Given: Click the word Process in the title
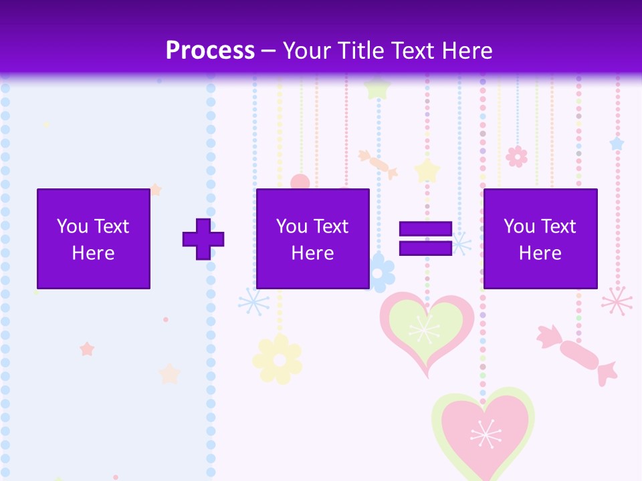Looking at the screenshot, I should coord(210,50).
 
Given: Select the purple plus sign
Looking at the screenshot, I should coord(203,239).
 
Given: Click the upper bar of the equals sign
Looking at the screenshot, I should coord(425,229).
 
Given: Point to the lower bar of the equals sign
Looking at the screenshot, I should coord(425,248).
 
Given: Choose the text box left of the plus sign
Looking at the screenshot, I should coord(94,238).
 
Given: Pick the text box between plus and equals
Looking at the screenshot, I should coord(313,238).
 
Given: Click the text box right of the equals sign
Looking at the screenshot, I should coord(540,238).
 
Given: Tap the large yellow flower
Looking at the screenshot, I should coord(278,359).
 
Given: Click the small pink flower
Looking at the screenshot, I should coord(516,156).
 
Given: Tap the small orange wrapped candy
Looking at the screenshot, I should coord(378,164).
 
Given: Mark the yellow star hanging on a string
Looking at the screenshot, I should coord(427,170).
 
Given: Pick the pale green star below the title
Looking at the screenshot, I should coord(378,88).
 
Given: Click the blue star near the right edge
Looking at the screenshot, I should coord(617,144).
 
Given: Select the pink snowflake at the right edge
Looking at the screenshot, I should coord(617,301).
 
